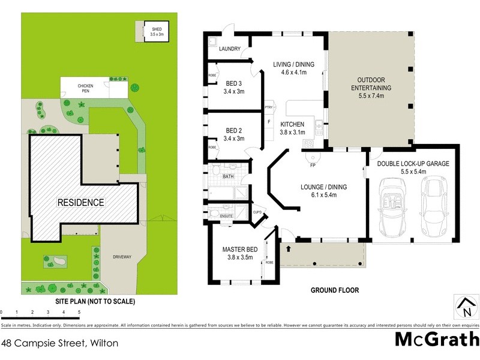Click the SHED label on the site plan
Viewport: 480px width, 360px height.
(x=156, y=28)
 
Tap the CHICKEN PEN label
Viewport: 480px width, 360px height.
(x=85, y=86)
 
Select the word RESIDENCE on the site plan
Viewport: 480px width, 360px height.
(x=81, y=202)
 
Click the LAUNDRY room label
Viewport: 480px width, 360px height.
(x=230, y=49)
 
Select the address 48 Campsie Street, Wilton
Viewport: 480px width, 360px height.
(x=59, y=344)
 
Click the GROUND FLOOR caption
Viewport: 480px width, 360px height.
(x=334, y=290)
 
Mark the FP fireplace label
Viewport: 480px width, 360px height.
(x=313, y=165)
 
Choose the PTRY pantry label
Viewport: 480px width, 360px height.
(x=269, y=107)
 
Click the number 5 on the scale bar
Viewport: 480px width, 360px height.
(x=79, y=313)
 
